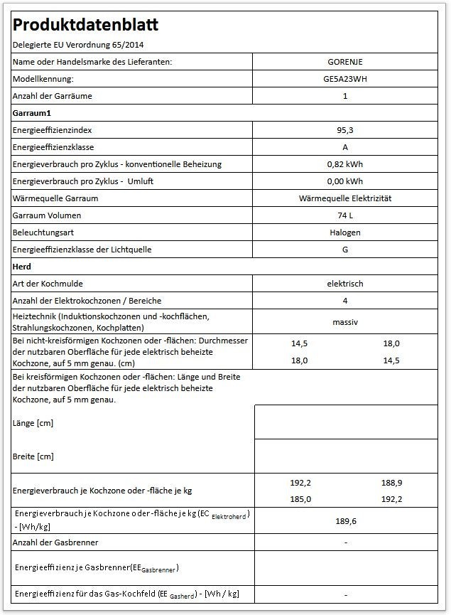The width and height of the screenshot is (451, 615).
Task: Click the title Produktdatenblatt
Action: pyautogui.click(x=85, y=26)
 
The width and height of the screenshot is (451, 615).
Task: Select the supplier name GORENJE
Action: pyautogui.click(x=345, y=62)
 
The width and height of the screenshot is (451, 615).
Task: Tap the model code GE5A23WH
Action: pyautogui.click(x=345, y=79)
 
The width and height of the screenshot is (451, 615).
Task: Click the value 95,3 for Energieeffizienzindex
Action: pyautogui.click(x=345, y=130)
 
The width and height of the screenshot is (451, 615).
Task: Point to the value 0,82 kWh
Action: pyautogui.click(x=345, y=164)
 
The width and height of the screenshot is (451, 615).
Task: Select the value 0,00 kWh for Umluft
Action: pyautogui.click(x=345, y=181)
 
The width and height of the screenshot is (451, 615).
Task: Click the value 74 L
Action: pyautogui.click(x=345, y=215)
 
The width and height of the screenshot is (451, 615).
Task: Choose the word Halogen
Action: pyautogui.click(x=345, y=232)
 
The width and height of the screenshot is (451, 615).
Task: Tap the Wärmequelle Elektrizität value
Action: pyautogui.click(x=345, y=198)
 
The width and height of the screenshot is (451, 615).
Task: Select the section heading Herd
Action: pyautogui.click(x=23, y=267)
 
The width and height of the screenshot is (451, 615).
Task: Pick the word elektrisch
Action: pyautogui.click(x=345, y=284)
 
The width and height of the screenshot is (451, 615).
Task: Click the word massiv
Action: pyautogui.click(x=345, y=322)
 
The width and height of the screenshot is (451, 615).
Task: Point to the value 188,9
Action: pyautogui.click(x=391, y=483)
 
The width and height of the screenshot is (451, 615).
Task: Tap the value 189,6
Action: pyautogui.click(x=345, y=521)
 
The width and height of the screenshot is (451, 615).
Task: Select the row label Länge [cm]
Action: pyautogui.click(x=33, y=423)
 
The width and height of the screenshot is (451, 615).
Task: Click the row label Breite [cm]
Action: pyautogui.click(x=33, y=456)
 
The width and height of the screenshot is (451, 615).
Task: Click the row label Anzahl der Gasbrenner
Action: pyautogui.click(x=55, y=542)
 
